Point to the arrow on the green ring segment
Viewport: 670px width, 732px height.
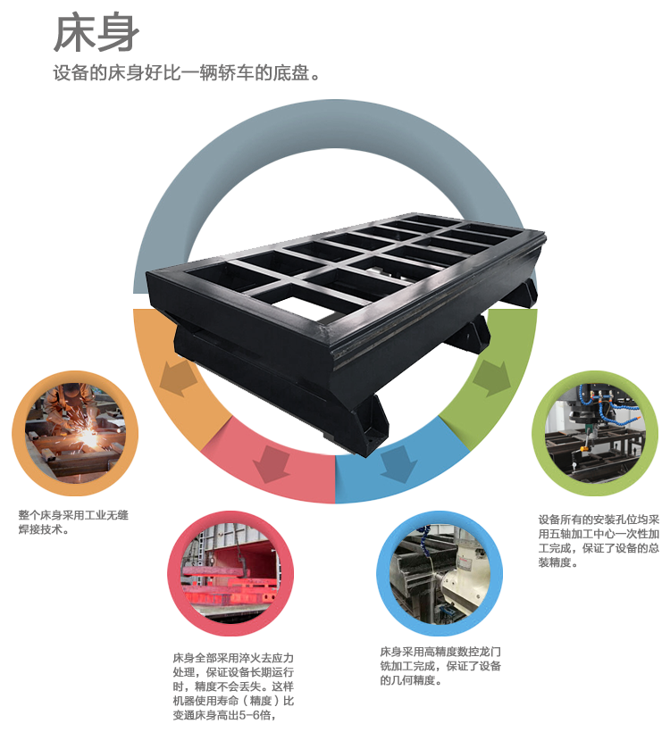pos(490,378)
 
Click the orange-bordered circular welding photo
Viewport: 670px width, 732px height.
pos(75,433)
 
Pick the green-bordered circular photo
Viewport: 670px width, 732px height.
pos(594,433)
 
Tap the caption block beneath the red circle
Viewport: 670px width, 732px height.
pos(232,686)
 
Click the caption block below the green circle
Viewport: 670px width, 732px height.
pos(599,540)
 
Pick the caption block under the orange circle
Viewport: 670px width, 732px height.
pos(73,522)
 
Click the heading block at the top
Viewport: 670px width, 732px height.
pos(186,45)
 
